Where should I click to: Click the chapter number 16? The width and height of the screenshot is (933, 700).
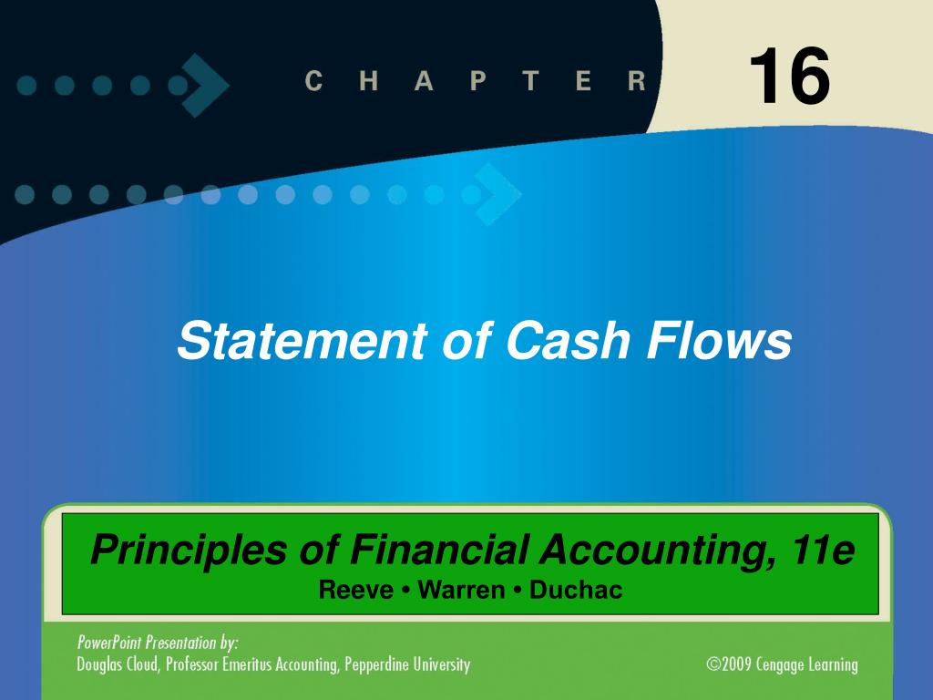(x=789, y=77)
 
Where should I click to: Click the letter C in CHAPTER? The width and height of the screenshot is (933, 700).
(x=313, y=82)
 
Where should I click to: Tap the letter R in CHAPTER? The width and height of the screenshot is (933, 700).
(x=636, y=82)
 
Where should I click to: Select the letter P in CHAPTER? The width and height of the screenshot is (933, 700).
(x=477, y=82)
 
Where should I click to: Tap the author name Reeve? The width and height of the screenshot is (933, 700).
(x=354, y=591)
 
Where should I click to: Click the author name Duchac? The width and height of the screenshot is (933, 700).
(x=576, y=591)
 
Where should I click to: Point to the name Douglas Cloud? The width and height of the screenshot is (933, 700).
(x=118, y=664)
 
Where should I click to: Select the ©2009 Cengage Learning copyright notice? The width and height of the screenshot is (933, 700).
(x=782, y=664)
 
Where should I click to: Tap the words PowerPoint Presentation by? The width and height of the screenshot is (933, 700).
(x=158, y=643)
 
